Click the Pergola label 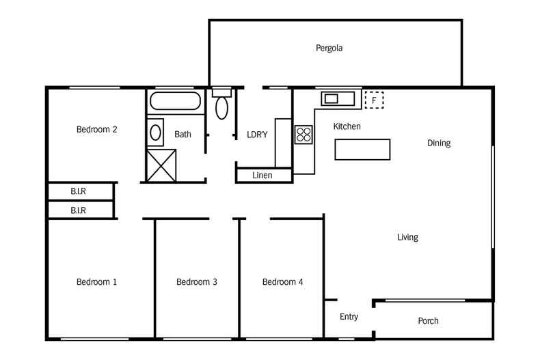pyautogui.click(x=329, y=49)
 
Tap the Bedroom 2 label pyautogui.click(x=96, y=129)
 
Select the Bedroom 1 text pyautogui.click(x=96, y=281)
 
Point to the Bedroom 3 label pyautogui.click(x=197, y=281)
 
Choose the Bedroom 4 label pyautogui.click(x=282, y=281)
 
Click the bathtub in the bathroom pyautogui.click(x=176, y=102)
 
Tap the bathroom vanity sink pyautogui.click(x=156, y=132)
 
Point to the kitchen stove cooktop pyautogui.click(x=303, y=134)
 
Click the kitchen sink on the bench pyautogui.click(x=332, y=98)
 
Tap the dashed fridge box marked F pyautogui.click(x=374, y=100)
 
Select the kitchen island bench pyautogui.click(x=362, y=149)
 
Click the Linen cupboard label pyautogui.click(x=262, y=176)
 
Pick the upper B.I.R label pyautogui.click(x=79, y=191)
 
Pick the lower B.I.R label pyautogui.click(x=79, y=210)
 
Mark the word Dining pyautogui.click(x=439, y=143)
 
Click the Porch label pyautogui.click(x=428, y=321)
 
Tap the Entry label pyautogui.click(x=349, y=317)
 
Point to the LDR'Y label pyautogui.click(x=257, y=135)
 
